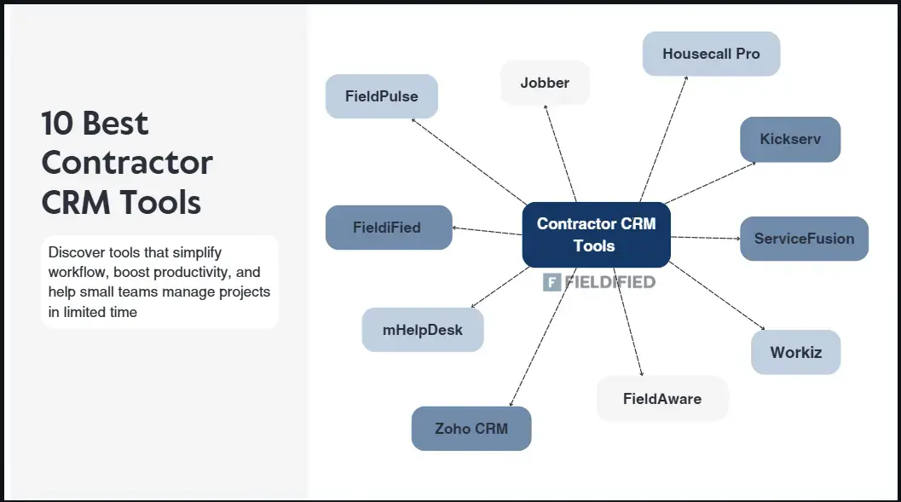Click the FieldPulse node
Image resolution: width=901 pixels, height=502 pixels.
(x=381, y=96)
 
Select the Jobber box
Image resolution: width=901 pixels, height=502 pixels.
(x=545, y=83)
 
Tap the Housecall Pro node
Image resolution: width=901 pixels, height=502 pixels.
(x=711, y=54)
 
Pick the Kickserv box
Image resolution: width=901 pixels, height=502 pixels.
(x=790, y=139)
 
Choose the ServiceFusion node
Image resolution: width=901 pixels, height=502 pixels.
(x=804, y=239)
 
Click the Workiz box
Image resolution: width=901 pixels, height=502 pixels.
(x=795, y=352)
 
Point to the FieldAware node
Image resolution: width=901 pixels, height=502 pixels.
(x=662, y=398)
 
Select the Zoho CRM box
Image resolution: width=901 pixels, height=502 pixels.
(x=471, y=429)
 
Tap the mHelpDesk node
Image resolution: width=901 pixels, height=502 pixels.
(x=423, y=330)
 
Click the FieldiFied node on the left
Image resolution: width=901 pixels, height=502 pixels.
(x=389, y=228)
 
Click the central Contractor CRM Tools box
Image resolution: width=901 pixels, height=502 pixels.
(x=596, y=234)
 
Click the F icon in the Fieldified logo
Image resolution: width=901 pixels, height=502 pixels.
(x=552, y=282)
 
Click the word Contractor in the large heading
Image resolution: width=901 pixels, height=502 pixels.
(x=127, y=163)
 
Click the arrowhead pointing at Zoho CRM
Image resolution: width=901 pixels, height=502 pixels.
(x=511, y=403)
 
